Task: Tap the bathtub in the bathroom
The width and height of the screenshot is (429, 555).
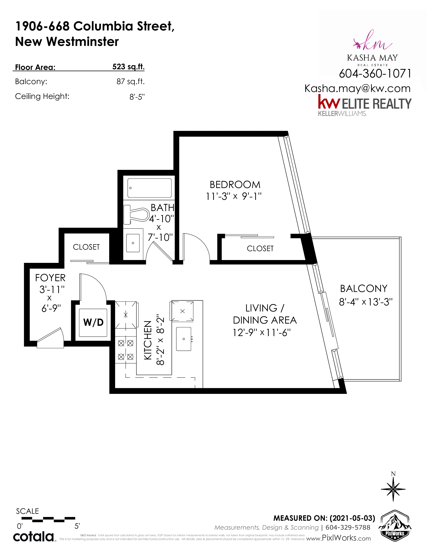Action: click(x=149, y=188)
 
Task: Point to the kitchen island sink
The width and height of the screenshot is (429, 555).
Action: click(x=184, y=339)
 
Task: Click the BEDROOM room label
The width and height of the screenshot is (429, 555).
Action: click(x=235, y=184)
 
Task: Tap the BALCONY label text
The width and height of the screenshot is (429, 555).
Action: click(x=364, y=288)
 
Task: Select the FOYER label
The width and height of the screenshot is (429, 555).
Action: click(x=50, y=278)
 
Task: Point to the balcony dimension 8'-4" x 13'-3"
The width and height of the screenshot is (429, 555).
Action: click(x=366, y=302)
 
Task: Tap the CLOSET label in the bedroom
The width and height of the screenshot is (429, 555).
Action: click(x=260, y=249)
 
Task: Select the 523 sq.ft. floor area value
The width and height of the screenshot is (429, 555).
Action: click(x=128, y=67)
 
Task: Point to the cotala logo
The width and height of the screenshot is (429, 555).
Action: click(x=33, y=537)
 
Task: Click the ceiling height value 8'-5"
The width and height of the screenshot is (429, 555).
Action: click(x=137, y=97)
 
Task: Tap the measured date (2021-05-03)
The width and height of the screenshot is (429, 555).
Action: click(x=352, y=518)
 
